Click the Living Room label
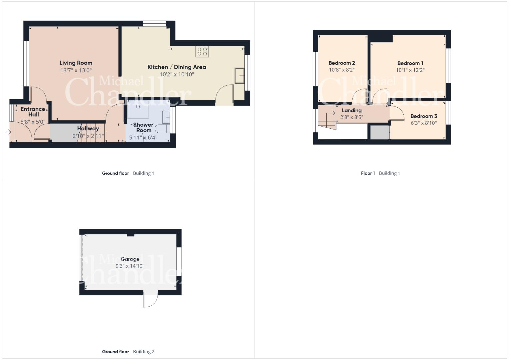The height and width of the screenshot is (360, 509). click(76, 63)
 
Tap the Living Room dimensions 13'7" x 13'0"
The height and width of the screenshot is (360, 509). click(76, 70)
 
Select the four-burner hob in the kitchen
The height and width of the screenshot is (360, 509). click(202, 52)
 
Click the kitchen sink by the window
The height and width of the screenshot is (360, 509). click(239, 75)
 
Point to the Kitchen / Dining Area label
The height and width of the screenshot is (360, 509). click(177, 67)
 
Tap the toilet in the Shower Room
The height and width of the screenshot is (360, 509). click(162, 129)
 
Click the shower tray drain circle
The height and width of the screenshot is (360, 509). click(138, 106)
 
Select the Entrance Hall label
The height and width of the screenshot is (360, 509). click(33, 112)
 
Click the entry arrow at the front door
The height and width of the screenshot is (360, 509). click(9, 132)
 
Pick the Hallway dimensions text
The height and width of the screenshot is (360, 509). click(88, 136)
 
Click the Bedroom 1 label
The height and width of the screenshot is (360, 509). click(410, 63)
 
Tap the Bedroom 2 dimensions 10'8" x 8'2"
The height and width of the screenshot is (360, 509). click(342, 70)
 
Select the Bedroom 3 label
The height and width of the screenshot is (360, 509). click(424, 116)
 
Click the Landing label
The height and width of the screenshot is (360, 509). click(352, 110)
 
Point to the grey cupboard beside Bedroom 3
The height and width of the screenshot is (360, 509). click(380, 133)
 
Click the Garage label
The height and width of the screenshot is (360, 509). click(130, 259)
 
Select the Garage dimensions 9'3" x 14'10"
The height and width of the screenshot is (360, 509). click(130, 266)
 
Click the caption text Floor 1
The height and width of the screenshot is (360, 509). click(368, 173)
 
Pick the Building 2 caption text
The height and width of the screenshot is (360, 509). click(144, 352)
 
